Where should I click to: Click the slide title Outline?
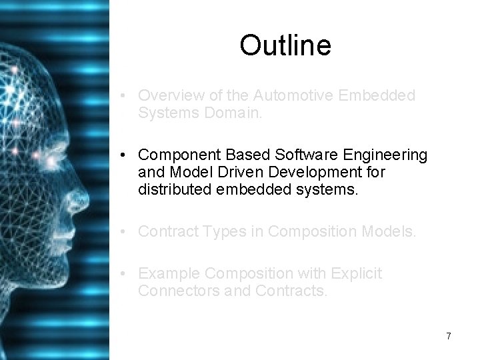click(x=285, y=45)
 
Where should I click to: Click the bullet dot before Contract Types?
click(x=125, y=231)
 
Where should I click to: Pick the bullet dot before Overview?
click(x=125, y=95)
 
